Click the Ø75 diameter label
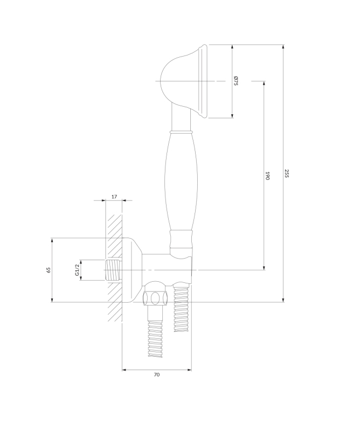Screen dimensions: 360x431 (236, 81)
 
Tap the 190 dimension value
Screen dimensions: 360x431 (267, 176)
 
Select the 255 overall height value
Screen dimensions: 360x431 (287, 173)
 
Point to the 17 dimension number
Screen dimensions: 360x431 (114, 197)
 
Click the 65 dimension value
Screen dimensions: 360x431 (49, 270)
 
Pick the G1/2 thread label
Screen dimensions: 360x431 (77, 270)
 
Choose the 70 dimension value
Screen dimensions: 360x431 (156, 374)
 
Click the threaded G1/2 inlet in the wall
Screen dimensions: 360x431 (113, 270)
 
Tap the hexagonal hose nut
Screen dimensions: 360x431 (155, 298)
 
